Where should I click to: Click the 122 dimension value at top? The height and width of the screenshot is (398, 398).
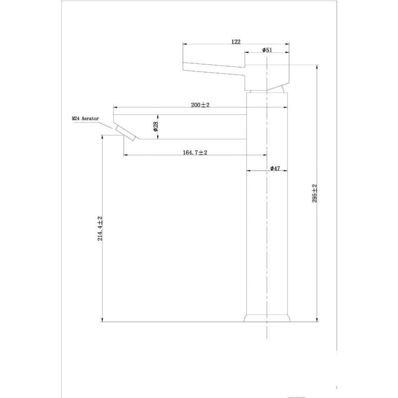pos(236,42)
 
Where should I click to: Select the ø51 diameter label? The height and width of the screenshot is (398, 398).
pos(267,50)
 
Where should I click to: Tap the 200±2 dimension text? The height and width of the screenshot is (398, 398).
pos(200,104)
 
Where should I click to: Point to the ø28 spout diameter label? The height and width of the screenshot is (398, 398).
pos(155,126)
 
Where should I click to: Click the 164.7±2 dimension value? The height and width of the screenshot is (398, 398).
pos(195,152)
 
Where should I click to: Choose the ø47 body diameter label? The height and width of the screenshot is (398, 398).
pos(275,168)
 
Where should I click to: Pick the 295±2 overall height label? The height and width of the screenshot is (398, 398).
pos(315,194)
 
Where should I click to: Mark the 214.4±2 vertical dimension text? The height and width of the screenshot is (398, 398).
pos(100,228)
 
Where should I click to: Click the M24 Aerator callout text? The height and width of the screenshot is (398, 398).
pos(85,118)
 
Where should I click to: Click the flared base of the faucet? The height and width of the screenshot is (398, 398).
pos(267,318)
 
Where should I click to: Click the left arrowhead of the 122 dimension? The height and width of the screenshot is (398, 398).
pos(185,44)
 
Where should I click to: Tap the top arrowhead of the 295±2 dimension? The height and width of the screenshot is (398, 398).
pos(317,67)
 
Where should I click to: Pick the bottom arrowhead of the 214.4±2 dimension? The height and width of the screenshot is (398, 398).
pos(102,319)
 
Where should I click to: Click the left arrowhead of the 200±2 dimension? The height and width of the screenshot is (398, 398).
pos(116,107)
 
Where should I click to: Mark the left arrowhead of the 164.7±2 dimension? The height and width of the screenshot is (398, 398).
pos(126,155)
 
